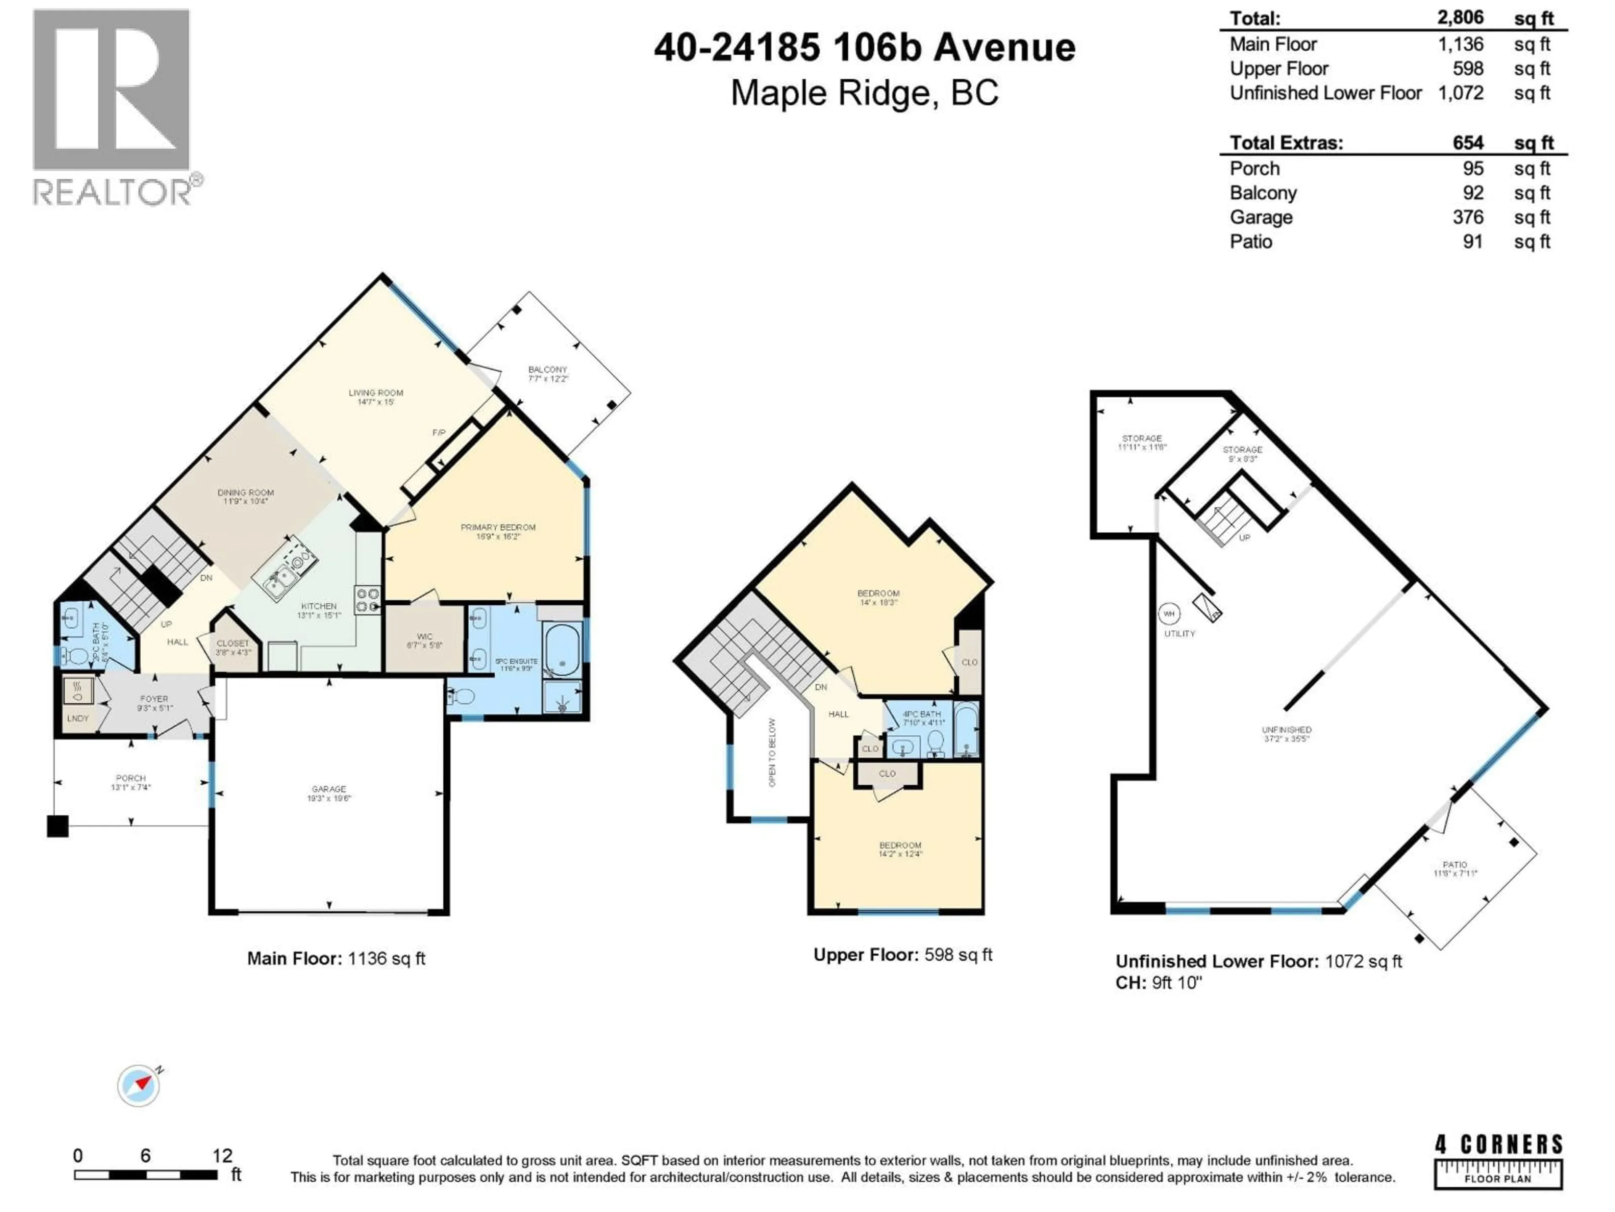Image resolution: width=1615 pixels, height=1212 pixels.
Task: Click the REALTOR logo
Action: (113, 106)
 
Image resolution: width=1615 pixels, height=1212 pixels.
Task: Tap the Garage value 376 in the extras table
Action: (1467, 218)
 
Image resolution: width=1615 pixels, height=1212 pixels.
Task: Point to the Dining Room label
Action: (245, 497)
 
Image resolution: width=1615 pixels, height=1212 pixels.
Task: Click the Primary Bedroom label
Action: (498, 531)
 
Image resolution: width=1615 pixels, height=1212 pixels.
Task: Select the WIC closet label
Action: (424, 641)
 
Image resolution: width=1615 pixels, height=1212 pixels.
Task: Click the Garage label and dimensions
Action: (328, 793)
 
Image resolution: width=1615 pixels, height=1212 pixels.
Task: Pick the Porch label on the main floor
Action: (131, 782)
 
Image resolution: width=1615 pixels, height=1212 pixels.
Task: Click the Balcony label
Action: (548, 373)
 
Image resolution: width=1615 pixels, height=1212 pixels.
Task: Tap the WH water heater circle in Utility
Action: (1169, 614)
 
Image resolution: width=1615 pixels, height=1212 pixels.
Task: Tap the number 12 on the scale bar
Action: (222, 1155)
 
